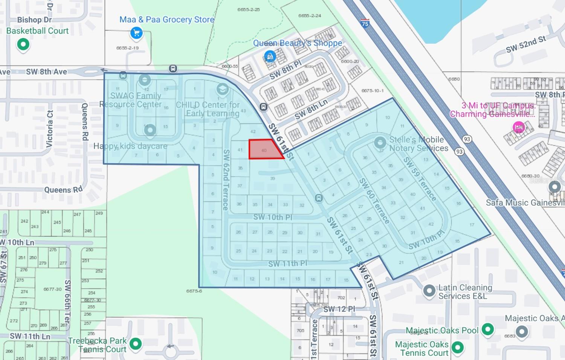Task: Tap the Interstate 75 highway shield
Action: [x=365, y=23]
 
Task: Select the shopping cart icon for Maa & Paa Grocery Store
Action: [x=136, y=33]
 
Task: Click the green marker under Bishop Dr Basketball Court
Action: [x=23, y=44]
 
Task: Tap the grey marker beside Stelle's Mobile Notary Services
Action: [x=380, y=142]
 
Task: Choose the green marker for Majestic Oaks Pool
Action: [x=487, y=329]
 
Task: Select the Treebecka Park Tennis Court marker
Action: [x=135, y=343]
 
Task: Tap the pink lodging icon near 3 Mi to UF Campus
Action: [x=519, y=127]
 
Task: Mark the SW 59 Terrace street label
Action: [x=420, y=179]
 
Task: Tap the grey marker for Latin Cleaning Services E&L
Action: [x=429, y=291]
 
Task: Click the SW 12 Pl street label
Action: [x=339, y=309]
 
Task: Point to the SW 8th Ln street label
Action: [x=311, y=109]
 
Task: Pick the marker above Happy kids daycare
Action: [x=150, y=130]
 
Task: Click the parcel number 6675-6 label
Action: [x=194, y=291]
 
